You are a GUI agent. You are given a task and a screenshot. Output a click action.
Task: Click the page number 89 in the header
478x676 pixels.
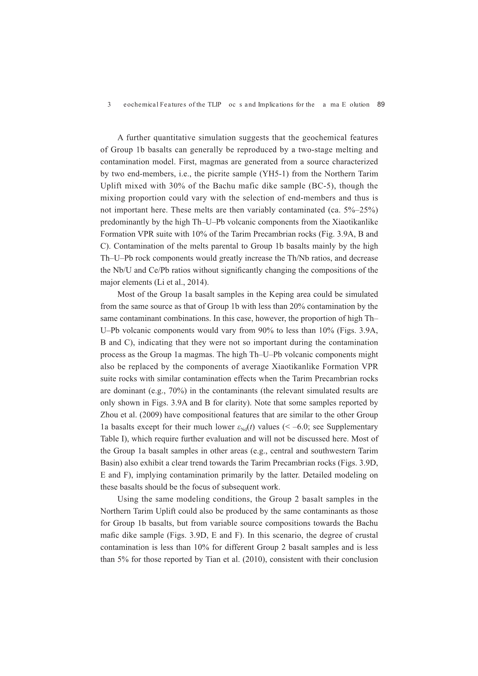point(381,104)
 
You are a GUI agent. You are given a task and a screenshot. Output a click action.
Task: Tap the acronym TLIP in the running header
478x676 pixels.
point(214,104)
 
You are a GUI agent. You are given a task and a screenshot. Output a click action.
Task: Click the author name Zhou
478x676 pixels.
point(109,415)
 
